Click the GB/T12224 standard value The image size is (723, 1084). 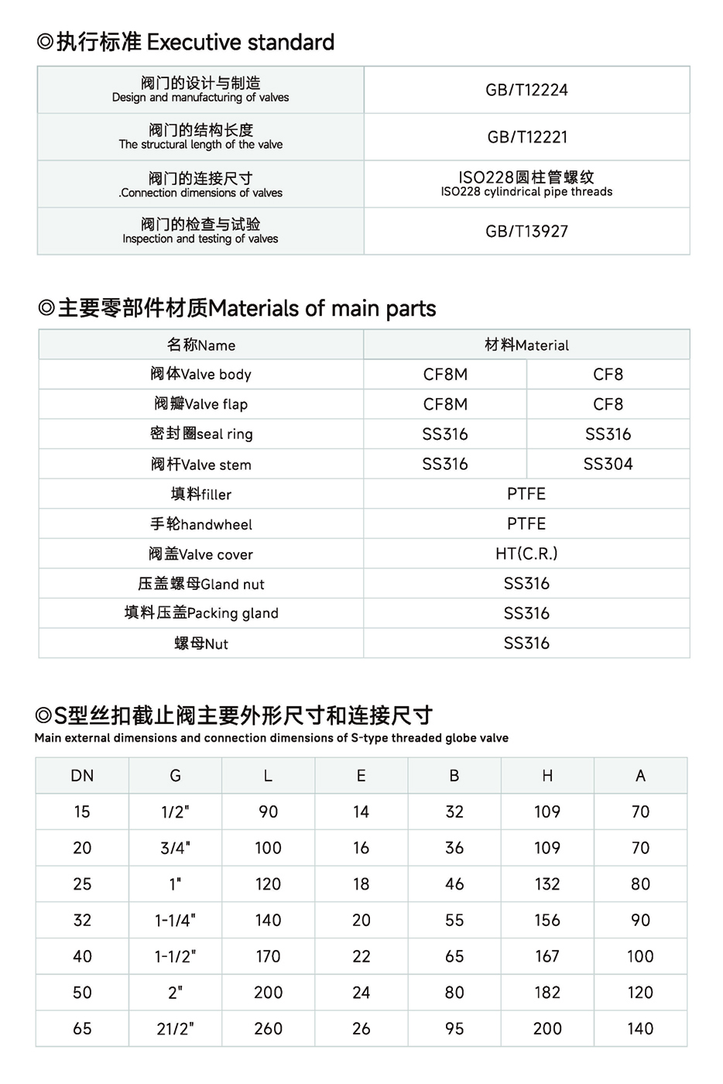click(x=526, y=90)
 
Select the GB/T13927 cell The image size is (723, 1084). click(x=526, y=231)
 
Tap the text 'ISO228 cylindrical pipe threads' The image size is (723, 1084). click(x=526, y=192)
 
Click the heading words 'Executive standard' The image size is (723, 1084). click(x=241, y=42)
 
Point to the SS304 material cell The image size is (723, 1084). click(x=608, y=464)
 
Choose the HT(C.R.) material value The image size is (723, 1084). click(x=526, y=554)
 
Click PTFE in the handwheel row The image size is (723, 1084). click(x=526, y=524)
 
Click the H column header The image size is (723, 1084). click(x=547, y=776)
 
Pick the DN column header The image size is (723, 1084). click(x=82, y=776)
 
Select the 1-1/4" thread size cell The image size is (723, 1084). click(x=175, y=921)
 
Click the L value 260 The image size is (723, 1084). click(x=268, y=1029)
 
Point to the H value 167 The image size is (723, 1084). click(x=547, y=956)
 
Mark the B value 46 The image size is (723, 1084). click(x=454, y=884)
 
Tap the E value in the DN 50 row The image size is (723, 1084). click(x=361, y=993)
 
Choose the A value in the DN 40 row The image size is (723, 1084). click(x=640, y=956)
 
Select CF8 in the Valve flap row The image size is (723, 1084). click(x=608, y=404)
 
